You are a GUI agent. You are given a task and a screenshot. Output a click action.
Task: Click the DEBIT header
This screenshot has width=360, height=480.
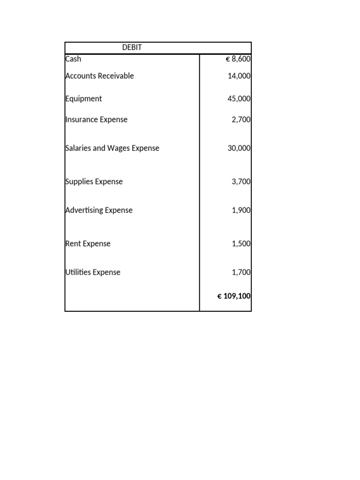[x=132, y=47]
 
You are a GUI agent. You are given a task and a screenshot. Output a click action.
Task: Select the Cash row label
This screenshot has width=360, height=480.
[x=73, y=59]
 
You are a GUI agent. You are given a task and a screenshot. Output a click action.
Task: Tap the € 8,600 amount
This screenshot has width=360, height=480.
[x=238, y=60]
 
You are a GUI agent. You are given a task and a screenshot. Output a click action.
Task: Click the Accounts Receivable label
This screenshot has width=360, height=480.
[x=99, y=76]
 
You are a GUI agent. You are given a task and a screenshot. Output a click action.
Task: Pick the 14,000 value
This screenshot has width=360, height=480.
[x=239, y=76]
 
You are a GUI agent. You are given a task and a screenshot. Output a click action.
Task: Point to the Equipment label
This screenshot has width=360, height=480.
[x=83, y=99]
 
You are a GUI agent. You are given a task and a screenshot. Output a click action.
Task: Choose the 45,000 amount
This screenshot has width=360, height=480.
[x=239, y=99]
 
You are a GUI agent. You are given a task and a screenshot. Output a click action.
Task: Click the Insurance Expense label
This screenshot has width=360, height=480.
[x=96, y=120]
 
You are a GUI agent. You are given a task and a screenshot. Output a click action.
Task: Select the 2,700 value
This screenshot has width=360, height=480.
[x=241, y=120]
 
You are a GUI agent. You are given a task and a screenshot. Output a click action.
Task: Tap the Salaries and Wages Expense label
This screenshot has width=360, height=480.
[x=112, y=148]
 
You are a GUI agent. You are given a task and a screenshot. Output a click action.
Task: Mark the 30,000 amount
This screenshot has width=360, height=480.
[x=239, y=148]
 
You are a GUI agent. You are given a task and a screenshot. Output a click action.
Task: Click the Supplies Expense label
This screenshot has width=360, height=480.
[x=94, y=182]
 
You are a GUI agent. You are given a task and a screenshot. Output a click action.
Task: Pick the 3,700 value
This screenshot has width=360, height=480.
[x=241, y=182]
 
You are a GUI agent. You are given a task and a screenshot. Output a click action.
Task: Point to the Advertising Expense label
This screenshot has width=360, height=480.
[x=98, y=210]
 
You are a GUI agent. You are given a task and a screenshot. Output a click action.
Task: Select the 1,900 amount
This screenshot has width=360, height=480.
[x=241, y=210]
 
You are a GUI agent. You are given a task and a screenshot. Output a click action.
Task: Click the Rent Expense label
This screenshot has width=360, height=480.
[x=88, y=244]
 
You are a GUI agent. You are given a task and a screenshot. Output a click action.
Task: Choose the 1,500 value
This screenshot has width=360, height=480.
[x=241, y=244]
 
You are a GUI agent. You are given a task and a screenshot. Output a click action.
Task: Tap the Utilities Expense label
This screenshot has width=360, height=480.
[x=93, y=272]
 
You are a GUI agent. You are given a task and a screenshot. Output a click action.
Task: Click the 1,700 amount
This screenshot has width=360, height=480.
[x=241, y=272]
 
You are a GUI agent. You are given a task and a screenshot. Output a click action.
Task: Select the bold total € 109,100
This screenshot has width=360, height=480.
[x=234, y=296]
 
